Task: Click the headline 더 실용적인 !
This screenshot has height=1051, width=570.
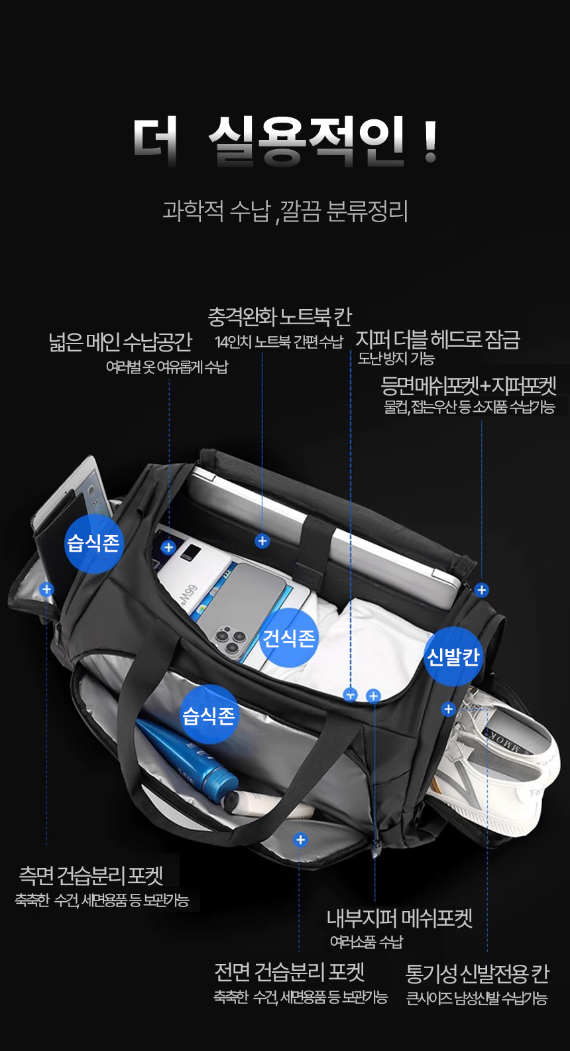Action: tap(285, 142)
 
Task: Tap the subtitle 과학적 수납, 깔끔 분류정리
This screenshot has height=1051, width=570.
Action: tap(285, 211)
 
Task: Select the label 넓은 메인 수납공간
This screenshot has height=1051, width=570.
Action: tap(120, 341)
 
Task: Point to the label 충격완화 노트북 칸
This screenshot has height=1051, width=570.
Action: tap(280, 317)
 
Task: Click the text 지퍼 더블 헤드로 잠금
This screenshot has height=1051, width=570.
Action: tap(437, 340)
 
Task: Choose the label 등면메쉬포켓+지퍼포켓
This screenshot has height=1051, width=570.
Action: tap(468, 386)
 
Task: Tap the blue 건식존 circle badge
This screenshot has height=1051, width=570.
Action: tap(288, 638)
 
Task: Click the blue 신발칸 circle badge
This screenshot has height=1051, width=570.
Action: tap(453, 656)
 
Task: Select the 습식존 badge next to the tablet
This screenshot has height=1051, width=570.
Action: tap(93, 543)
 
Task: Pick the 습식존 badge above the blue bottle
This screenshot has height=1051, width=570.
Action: tap(208, 715)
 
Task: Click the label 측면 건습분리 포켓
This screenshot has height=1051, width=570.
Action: tap(91, 875)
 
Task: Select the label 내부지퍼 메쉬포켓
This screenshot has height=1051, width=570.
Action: tap(400, 918)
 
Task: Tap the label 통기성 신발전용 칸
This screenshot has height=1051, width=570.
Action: tap(477, 973)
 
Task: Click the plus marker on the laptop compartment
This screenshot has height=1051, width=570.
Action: tap(262, 541)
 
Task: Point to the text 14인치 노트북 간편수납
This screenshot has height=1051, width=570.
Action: tap(279, 342)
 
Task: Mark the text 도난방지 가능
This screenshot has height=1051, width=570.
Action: tap(396, 359)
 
